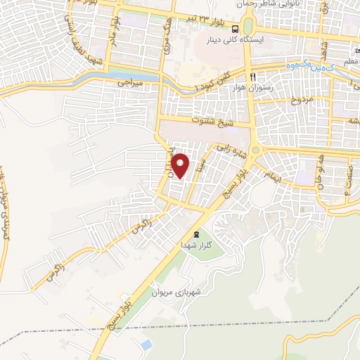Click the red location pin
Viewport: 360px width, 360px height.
click(181, 167)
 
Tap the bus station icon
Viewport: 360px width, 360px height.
click(235, 30)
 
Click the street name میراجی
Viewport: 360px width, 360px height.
click(132, 83)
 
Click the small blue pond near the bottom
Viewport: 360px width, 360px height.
click(146, 345)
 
